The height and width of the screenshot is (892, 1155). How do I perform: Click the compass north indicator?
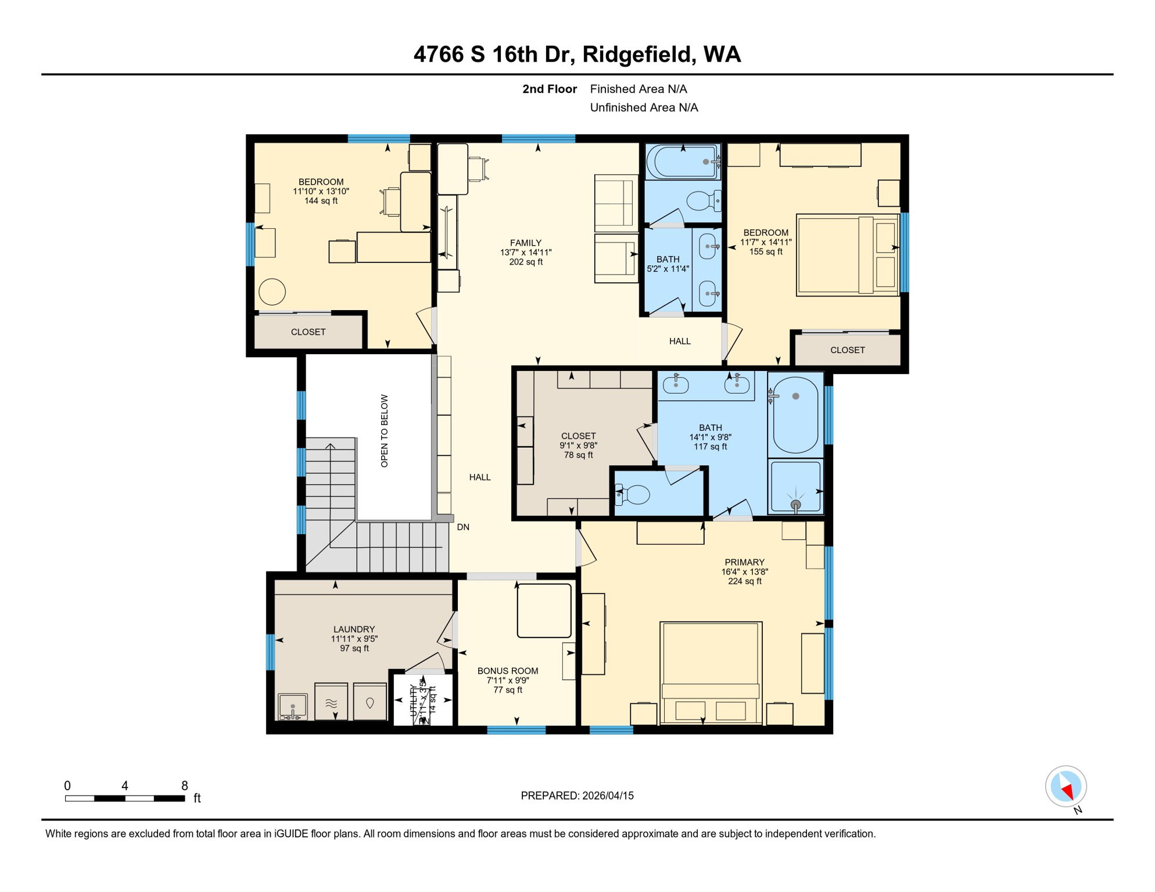click(1066, 787)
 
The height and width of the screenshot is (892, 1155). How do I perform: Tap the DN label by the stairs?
click(463, 527)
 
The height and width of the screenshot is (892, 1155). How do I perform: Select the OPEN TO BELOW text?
click(384, 431)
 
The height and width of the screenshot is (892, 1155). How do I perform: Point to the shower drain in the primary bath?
click(795, 504)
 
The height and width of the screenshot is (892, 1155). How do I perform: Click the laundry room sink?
click(292, 706)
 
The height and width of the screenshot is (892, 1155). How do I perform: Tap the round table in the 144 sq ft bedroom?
click(272, 292)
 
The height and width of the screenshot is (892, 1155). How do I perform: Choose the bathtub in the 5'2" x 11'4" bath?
click(683, 161)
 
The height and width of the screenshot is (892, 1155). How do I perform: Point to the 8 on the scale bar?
click(185, 786)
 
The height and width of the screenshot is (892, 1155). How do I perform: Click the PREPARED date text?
click(577, 796)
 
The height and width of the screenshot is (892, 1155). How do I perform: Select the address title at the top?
click(577, 55)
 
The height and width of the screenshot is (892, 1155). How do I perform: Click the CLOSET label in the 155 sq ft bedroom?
click(847, 350)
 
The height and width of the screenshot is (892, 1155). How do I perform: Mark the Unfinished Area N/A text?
click(644, 107)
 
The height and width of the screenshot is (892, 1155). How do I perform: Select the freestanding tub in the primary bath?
click(795, 415)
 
